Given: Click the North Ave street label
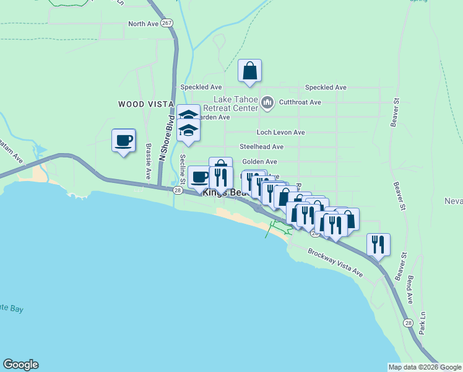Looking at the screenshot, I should coord(143,24).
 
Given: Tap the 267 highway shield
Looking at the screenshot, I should coord(167,23).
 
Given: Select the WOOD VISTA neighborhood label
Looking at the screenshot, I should coord(141,104).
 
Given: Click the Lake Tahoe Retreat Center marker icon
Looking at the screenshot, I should coord(267,102).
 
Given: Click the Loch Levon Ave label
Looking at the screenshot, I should coord(281,132).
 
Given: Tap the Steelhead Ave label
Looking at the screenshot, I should coord(262,147).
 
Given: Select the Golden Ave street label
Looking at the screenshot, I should coord(259,161).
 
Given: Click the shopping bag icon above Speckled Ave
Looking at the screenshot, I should coord(249,72).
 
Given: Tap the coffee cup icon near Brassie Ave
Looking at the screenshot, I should coord(124,141).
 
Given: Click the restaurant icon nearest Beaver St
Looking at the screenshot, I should coord(379,244).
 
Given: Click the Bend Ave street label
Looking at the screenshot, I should coord(410,290).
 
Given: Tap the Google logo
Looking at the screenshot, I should coord(20,365).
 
